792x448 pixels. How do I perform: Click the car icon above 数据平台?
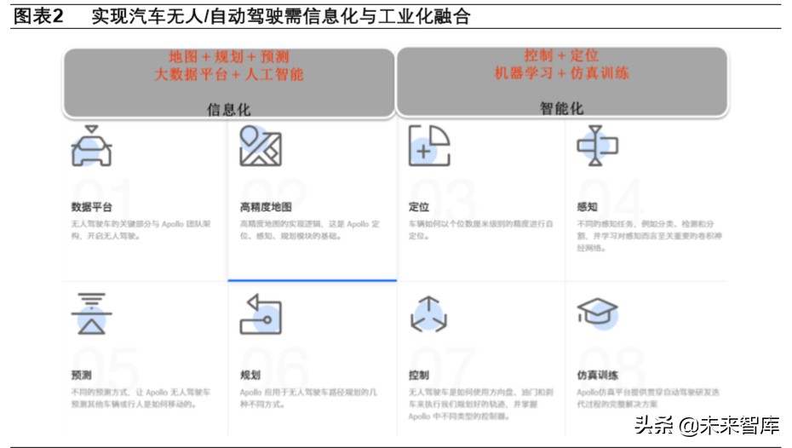[x=91, y=146]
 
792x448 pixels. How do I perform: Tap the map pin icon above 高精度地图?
[x=261, y=146]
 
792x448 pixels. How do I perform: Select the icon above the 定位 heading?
[x=429, y=146]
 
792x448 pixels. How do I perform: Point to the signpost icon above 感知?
[x=597, y=146]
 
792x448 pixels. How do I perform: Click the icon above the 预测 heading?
[x=91, y=314]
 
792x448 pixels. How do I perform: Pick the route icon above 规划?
[x=261, y=314]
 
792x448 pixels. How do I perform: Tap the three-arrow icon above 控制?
[x=428, y=314]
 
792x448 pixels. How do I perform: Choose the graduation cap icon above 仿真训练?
[x=597, y=313]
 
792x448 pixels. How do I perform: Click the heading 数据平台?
[x=91, y=207]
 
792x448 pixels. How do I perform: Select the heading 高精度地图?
[x=266, y=207]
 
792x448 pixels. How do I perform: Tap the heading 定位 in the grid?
[x=419, y=207]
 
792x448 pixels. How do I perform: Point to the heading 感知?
[x=588, y=207]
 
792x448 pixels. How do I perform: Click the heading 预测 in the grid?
[x=82, y=376]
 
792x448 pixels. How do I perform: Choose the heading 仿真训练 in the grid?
[x=598, y=376]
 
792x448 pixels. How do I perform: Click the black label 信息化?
[x=229, y=109]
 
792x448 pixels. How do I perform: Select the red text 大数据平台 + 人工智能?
[x=228, y=75]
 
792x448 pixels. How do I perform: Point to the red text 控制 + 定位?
[x=561, y=55]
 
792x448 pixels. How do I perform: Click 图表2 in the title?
[x=39, y=15]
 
